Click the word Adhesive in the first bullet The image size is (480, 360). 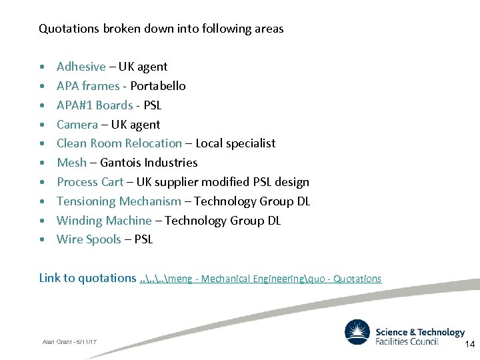81,67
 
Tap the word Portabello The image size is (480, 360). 158,86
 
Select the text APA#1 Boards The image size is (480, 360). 95,105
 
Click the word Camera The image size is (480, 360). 77,125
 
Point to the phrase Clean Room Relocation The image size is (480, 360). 119,143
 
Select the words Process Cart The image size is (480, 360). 90,182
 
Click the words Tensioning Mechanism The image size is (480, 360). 119,201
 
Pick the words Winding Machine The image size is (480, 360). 104,221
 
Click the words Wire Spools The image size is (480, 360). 89,239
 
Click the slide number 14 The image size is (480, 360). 469,344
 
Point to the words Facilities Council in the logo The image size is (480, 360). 407,341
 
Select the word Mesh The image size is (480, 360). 71,163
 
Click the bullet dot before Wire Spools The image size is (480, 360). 43,240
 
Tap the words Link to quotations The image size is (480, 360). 87,278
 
